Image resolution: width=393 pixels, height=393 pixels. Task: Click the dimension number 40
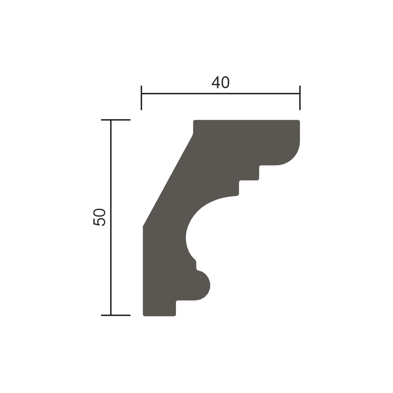click(x=220, y=82)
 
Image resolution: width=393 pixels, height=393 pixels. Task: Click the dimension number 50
click(x=99, y=217)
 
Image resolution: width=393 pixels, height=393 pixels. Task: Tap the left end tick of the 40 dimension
click(x=141, y=98)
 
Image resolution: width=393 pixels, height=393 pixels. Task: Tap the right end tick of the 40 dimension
click(x=300, y=98)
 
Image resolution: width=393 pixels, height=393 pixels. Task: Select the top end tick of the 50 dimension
click(x=116, y=120)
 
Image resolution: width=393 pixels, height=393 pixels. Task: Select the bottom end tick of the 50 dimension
click(x=116, y=315)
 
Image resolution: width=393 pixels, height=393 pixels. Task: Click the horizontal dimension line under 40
click(x=220, y=93)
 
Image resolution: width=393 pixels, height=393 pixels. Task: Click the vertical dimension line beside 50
click(x=111, y=217)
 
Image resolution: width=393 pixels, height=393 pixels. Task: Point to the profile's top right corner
click(x=300, y=120)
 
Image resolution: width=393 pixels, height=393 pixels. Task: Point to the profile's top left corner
click(x=194, y=121)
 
